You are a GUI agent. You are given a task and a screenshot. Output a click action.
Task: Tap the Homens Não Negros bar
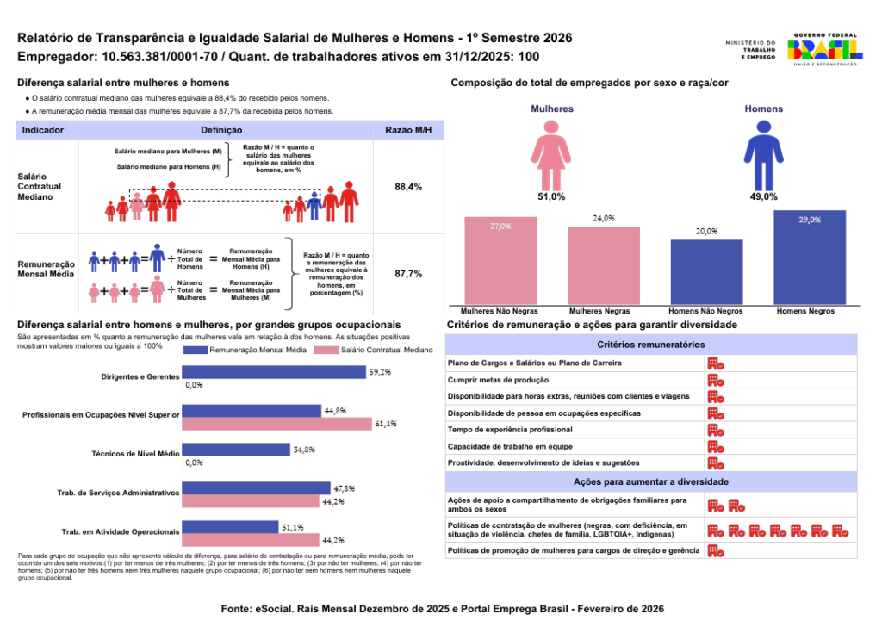tap(706, 270)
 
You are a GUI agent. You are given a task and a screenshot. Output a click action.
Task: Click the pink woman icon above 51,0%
tap(551, 153)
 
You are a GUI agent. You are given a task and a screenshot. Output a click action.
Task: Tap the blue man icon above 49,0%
tap(763, 153)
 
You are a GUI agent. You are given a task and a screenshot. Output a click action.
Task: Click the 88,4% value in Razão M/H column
tap(408, 187)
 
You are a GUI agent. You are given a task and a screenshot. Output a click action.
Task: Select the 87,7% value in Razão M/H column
tap(408, 274)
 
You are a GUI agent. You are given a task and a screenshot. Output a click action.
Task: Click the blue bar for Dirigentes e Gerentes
tap(274, 372)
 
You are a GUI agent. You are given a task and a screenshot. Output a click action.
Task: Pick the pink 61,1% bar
tap(277, 423)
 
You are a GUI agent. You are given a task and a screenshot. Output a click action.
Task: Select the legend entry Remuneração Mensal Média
tap(252, 351)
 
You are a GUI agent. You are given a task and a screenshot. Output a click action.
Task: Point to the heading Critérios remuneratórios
tap(651, 344)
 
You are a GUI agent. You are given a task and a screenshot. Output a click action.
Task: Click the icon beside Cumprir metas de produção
tap(715, 380)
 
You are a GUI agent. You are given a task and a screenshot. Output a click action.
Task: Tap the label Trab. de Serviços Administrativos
tap(118, 493)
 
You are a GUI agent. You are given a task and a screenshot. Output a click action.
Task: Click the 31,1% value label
tap(292, 525)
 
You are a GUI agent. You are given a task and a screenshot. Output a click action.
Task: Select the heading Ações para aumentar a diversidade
tap(651, 481)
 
